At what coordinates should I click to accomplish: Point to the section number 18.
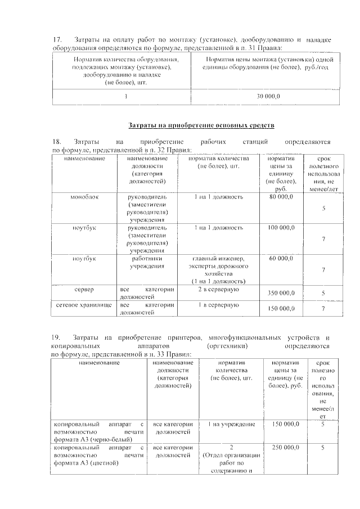(x=57, y=141)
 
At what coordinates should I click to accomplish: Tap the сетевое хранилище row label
(x=84, y=305)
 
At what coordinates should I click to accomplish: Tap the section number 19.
(x=57, y=336)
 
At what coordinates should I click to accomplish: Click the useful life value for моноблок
(x=323, y=209)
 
